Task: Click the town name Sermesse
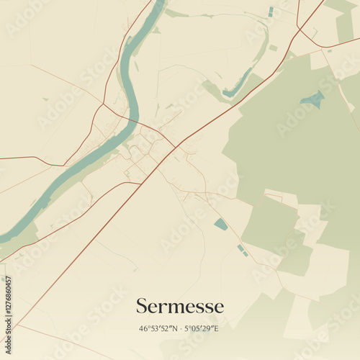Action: pos(180,307)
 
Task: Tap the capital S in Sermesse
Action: pos(142,307)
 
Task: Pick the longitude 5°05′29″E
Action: pos(202,328)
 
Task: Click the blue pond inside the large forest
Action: pos(312,99)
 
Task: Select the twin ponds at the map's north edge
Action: pos(271,12)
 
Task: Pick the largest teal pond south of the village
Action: pos(221,225)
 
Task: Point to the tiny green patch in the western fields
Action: pos(45,99)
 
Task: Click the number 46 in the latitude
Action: pos(143,328)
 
